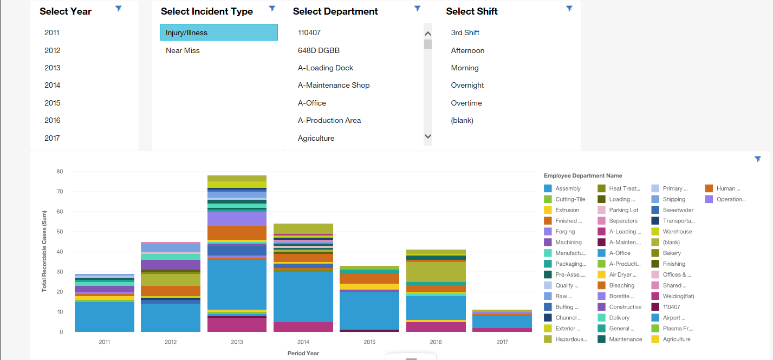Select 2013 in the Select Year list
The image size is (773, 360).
(x=53, y=68)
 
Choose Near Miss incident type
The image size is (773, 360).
(x=183, y=50)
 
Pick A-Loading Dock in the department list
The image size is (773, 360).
(x=326, y=68)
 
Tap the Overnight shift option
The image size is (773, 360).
(x=467, y=85)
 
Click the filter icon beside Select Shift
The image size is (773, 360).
(x=569, y=9)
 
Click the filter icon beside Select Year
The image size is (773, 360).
(x=119, y=9)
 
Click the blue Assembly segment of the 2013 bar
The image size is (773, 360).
(x=237, y=284)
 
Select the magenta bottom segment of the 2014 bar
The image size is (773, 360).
(x=303, y=327)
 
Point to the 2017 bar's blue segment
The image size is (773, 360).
(x=502, y=322)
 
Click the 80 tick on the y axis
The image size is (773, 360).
(x=60, y=172)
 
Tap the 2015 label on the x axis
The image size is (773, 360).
(x=369, y=342)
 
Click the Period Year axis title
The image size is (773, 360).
(x=303, y=353)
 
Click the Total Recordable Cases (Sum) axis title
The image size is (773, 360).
(x=44, y=252)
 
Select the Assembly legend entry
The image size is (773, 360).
(x=568, y=188)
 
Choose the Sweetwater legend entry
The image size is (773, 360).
(x=678, y=210)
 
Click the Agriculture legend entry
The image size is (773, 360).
(x=677, y=339)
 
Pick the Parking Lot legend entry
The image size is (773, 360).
(x=623, y=210)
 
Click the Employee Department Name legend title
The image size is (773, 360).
(x=583, y=175)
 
